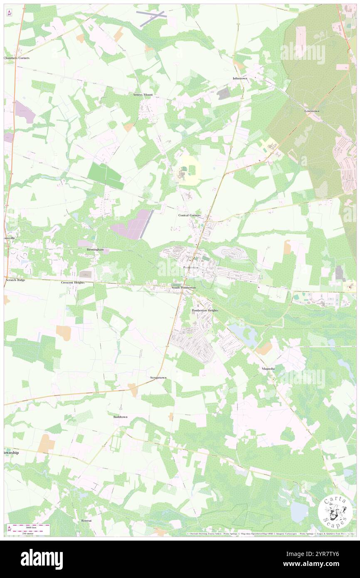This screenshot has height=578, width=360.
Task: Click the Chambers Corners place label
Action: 17,58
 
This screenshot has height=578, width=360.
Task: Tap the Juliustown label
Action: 240,78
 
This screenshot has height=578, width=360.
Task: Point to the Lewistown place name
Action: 312,111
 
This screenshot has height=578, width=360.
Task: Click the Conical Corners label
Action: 190,215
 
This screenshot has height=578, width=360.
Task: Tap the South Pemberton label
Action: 183,287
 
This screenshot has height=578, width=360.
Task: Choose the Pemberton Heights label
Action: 205,311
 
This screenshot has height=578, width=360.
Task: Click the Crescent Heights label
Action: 73,282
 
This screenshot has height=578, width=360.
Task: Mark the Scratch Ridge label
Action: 15,280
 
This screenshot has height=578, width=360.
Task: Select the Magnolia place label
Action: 268,369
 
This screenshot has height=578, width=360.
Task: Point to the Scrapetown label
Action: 158,378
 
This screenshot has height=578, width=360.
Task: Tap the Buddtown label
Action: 121,416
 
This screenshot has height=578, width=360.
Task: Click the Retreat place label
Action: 86,520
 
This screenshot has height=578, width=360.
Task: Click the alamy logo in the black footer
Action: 42,559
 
